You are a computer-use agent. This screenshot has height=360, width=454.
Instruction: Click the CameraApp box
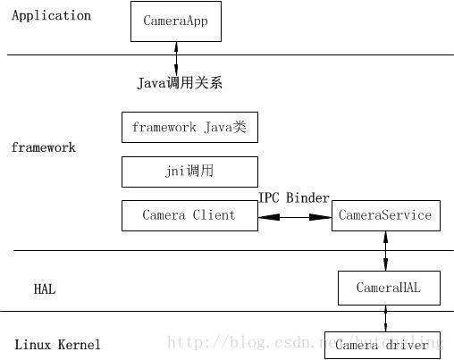click(175, 21)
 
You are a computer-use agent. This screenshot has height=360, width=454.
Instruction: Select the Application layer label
click(51, 16)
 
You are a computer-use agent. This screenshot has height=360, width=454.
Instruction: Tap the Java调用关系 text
click(180, 83)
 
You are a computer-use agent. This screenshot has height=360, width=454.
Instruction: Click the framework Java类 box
click(189, 128)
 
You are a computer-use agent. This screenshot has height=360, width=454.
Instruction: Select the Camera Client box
click(189, 215)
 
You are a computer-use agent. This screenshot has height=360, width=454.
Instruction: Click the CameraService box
click(386, 215)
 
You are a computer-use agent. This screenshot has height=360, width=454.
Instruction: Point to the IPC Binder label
click(294, 198)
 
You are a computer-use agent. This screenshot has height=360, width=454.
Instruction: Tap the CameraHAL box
click(388, 288)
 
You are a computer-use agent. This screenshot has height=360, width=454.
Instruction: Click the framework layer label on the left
click(43, 147)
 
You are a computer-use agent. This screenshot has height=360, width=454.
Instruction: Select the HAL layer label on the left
click(45, 289)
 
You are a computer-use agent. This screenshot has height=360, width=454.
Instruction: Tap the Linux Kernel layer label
click(58, 345)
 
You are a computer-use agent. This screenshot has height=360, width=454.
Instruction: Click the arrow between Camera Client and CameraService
click(295, 215)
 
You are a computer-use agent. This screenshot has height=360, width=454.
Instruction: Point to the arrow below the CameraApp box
click(175, 57)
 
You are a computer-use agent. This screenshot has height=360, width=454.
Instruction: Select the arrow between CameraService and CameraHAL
click(386, 251)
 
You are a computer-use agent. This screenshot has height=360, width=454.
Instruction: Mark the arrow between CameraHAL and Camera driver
click(386, 317)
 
